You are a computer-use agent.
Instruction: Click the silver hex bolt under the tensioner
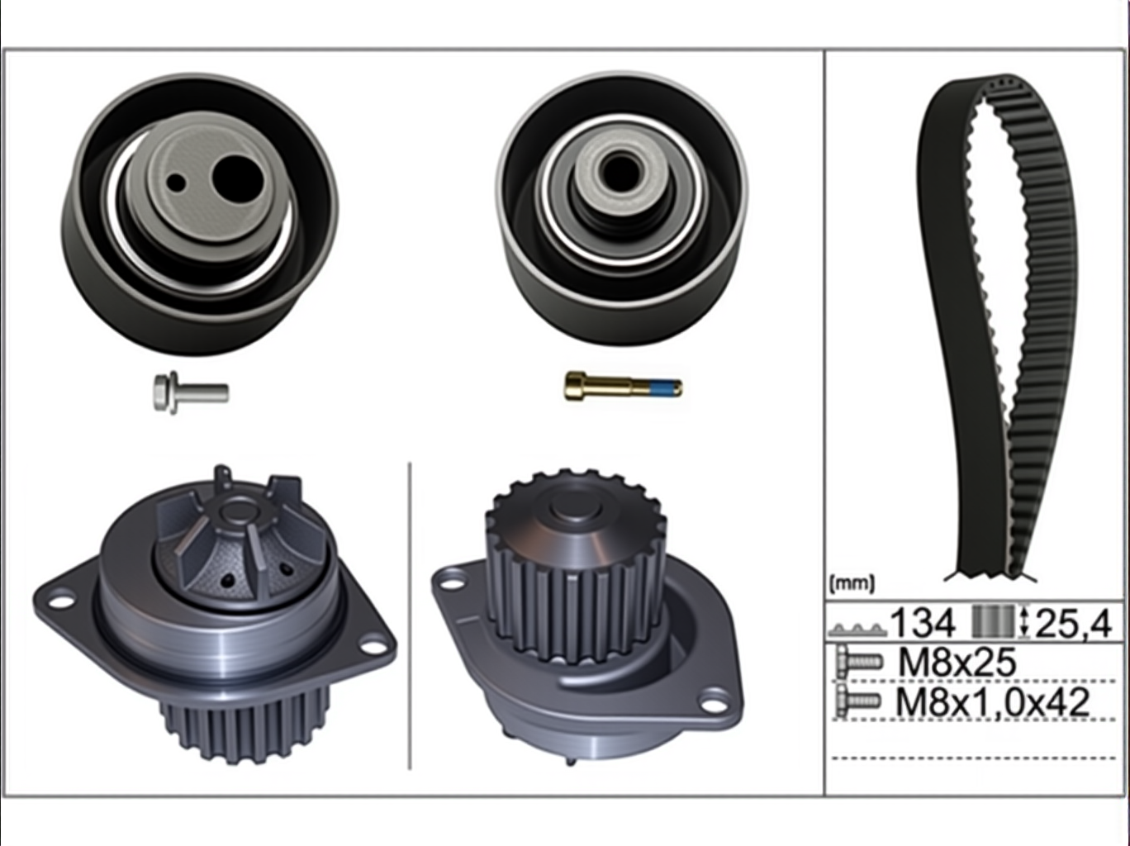point(191,393)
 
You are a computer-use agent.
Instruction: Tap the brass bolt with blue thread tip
point(624,385)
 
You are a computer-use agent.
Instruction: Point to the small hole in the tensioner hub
point(177,182)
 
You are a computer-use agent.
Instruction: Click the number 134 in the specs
point(923,623)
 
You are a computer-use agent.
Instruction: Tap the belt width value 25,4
point(1073,623)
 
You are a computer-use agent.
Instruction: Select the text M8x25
point(957,662)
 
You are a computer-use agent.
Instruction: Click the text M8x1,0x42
point(993,701)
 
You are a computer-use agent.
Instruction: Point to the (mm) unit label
point(852,583)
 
